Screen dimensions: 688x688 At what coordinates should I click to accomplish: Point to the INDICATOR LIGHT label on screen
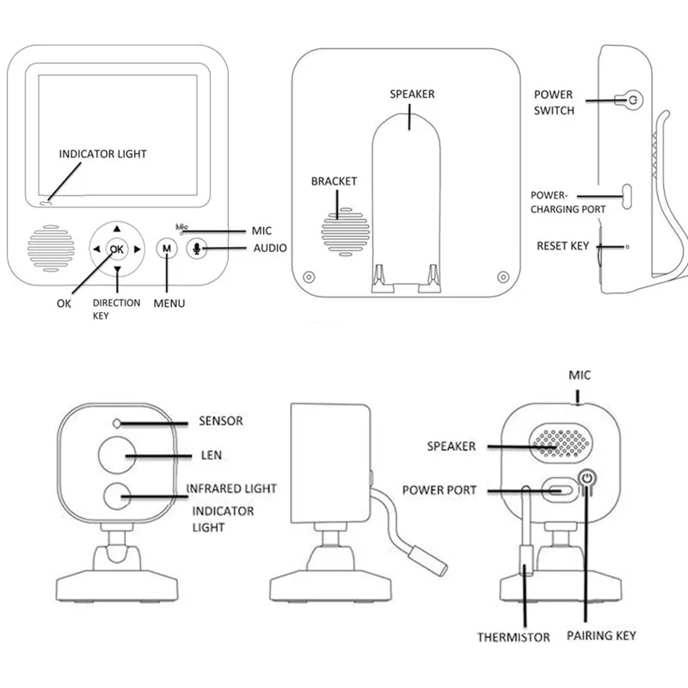coord(102,154)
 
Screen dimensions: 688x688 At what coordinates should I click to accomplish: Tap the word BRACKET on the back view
coord(334,181)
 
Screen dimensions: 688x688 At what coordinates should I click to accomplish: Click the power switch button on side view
coord(632,100)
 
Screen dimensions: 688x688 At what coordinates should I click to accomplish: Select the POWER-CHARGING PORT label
coord(568,202)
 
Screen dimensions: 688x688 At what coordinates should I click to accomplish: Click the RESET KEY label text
coord(562,246)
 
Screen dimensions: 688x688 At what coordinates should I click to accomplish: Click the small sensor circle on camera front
coord(116,423)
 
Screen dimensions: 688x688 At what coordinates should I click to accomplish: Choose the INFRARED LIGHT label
coord(232,488)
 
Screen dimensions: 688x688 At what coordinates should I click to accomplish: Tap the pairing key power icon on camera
coord(587,478)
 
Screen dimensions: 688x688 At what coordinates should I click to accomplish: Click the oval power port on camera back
coord(559,490)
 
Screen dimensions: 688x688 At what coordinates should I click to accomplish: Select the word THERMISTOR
coord(513,637)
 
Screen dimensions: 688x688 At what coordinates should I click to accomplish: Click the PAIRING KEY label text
coord(602,636)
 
